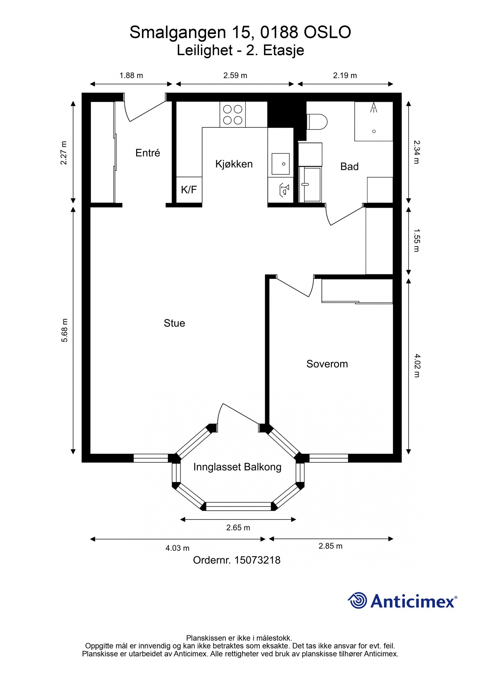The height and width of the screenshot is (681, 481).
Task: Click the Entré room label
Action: (148, 153)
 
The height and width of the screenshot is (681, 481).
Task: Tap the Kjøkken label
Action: (234, 164)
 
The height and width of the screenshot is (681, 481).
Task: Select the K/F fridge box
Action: (189, 190)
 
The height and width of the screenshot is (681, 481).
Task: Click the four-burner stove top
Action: (233, 114)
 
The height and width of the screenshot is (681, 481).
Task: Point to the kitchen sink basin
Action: (280, 164)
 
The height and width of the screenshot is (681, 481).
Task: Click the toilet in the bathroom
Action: (317, 122)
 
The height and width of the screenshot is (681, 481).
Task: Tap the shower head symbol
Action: (374, 107)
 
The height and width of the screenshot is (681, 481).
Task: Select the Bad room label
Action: (349, 166)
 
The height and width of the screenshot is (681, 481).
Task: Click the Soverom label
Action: (327, 364)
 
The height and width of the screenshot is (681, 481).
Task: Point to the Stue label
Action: (174, 323)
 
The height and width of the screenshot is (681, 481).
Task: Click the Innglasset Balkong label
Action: (237, 467)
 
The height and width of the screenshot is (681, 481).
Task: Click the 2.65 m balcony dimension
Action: (238, 528)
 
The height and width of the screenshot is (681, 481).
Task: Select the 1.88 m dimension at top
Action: (131, 75)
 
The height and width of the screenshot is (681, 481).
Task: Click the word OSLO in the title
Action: (327, 32)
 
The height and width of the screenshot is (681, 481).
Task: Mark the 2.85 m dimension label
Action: (330, 546)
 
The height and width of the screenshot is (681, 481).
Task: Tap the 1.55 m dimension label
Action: (417, 240)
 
